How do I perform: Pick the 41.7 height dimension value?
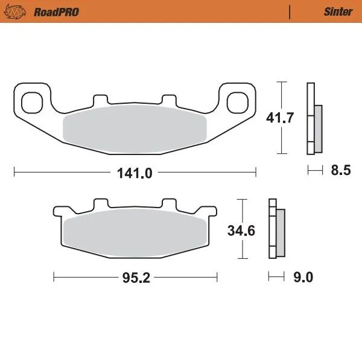pyautogui.click(x=280, y=118)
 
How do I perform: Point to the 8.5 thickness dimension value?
pyautogui.click(x=340, y=171)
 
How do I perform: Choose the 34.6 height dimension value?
pyautogui.click(x=241, y=230)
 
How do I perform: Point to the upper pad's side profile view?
pyautogui.click(x=314, y=118)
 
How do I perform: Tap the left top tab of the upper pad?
pyautogui.click(x=100, y=100)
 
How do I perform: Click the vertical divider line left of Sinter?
pyautogui.click(x=290, y=11)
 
